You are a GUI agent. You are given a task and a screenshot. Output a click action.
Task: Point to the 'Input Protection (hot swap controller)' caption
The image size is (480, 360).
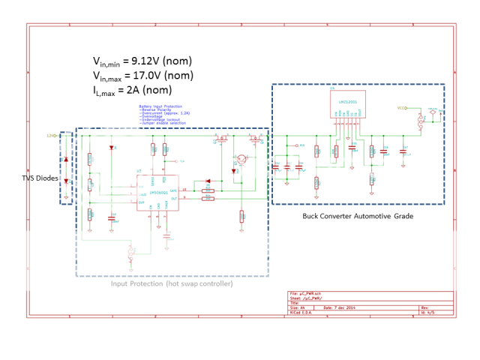point(172,283)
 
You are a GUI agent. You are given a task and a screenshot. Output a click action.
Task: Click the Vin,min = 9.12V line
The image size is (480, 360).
point(142,61)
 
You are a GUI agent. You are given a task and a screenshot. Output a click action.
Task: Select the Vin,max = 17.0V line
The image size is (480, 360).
point(143,76)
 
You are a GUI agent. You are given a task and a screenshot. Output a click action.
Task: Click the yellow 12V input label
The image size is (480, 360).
point(51,136)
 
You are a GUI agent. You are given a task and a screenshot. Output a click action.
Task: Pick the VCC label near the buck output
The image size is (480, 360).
point(401,108)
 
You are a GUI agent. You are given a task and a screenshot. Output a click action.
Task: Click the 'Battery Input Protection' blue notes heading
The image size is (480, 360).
point(160,106)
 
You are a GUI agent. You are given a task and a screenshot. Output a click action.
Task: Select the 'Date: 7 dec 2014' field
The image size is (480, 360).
point(338,307)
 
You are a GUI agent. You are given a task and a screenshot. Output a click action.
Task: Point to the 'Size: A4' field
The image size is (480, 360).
point(298,307)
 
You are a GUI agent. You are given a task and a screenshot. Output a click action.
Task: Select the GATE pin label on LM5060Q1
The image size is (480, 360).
point(172,191)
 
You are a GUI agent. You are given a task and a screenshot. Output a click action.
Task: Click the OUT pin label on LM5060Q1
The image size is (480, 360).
point(173,199)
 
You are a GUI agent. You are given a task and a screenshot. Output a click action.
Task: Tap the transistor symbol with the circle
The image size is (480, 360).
point(241,159)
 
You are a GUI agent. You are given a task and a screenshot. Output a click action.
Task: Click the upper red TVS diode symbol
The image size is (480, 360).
point(66,160)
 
